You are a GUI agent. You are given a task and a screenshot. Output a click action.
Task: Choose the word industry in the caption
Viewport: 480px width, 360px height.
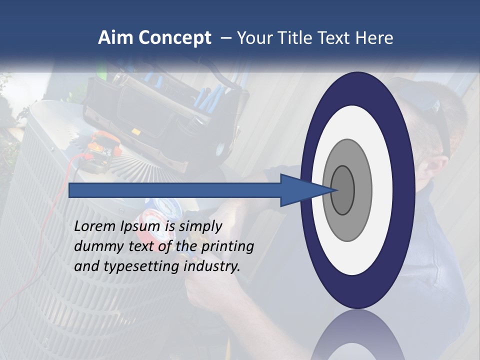click(x=212, y=266)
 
